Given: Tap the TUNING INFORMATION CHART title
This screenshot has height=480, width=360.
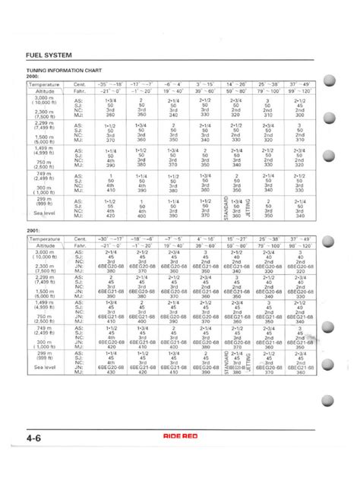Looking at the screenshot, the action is tap(65, 68).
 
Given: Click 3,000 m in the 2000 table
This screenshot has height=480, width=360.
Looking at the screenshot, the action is tap(43, 99).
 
